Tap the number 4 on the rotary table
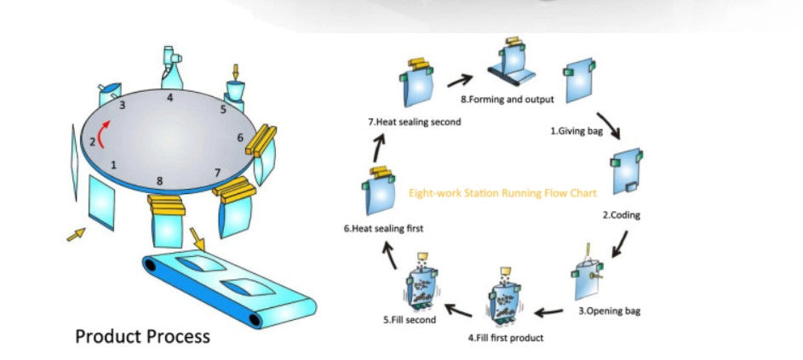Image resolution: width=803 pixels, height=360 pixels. point(170,98)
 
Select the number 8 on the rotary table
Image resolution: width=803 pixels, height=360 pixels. point(159,180)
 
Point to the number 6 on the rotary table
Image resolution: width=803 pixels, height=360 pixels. point(240,137)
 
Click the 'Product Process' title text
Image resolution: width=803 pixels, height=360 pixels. point(142,336)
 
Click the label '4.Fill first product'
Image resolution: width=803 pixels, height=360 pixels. point(505,338)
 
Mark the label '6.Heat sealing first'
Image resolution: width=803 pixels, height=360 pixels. point(383,229)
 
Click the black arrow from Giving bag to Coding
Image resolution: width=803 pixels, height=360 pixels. point(610,124)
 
